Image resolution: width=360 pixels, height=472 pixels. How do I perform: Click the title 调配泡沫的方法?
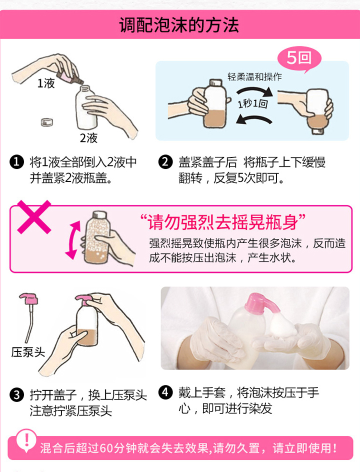click(179, 24)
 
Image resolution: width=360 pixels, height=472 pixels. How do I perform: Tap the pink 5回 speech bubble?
click(299, 58)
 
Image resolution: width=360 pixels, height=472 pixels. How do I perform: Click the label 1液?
click(46, 83)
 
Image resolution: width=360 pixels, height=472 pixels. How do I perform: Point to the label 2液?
click(89, 138)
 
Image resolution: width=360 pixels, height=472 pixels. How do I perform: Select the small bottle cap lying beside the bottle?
click(46, 121)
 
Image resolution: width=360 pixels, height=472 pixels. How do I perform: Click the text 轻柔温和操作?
click(254, 77)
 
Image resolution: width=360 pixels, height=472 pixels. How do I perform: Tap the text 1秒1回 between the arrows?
click(253, 104)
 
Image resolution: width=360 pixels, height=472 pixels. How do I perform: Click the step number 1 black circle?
click(16, 162)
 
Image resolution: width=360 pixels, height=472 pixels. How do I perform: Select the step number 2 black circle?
click(165, 162)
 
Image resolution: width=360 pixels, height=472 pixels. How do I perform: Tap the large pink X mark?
click(34, 216)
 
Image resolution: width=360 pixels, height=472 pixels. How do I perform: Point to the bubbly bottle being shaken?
click(97, 238)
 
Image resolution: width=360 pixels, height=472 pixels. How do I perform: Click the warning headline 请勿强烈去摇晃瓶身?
click(223, 222)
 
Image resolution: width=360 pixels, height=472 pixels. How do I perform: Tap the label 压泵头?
click(28, 352)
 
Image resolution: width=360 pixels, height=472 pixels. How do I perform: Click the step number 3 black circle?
click(16, 394)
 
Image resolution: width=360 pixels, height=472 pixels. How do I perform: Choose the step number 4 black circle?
click(165, 392)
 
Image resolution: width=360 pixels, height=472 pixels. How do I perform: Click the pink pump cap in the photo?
click(261, 304)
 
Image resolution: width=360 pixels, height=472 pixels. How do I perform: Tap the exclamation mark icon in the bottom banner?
click(26, 440)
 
